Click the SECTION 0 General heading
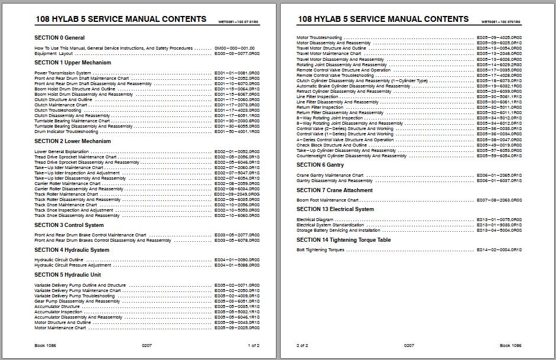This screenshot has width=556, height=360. point(59,38)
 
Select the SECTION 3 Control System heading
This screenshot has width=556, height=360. point(69,225)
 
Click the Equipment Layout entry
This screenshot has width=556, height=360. point(53,54)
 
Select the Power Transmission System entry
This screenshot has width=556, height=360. point(63,73)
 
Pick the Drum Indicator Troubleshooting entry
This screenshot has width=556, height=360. point(66,132)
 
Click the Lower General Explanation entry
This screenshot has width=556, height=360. point(61,152)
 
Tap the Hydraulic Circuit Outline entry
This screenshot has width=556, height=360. point(58,260)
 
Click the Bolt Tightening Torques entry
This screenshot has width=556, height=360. point(320,250)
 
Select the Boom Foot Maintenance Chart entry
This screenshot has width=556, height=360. point(327,200)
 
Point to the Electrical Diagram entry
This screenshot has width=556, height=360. point(314,220)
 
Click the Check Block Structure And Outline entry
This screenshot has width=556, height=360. point(331,145)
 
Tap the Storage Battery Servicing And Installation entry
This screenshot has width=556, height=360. point(339,231)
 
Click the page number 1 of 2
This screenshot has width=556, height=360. point(253,345)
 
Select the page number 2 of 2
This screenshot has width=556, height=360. point(302,345)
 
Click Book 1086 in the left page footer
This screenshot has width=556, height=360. point(45,345)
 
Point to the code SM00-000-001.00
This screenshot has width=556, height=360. point(235,48)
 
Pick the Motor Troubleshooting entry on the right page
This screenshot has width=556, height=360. point(319,38)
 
